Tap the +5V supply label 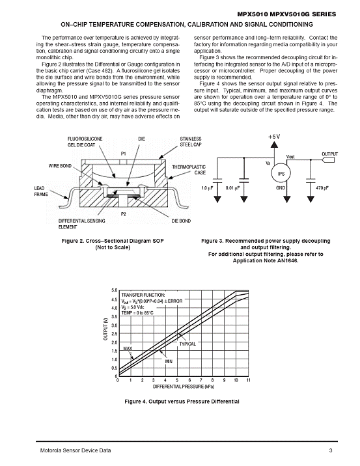(274, 137)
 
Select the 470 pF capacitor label (322, 188)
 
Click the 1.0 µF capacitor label (207, 188)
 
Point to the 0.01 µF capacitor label (232, 188)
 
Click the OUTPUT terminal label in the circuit (329, 154)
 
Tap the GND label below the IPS (281, 188)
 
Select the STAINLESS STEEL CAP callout (191, 142)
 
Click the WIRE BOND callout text (60, 166)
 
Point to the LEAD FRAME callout (41, 191)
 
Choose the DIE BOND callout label (181, 221)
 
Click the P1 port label (124, 154)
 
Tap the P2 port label (124, 214)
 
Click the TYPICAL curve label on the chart (187, 344)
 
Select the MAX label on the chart (128, 348)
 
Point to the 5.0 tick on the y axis (115, 290)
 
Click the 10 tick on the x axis (236, 380)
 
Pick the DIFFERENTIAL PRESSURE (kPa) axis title (184, 387)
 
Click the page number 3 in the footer (331, 450)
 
